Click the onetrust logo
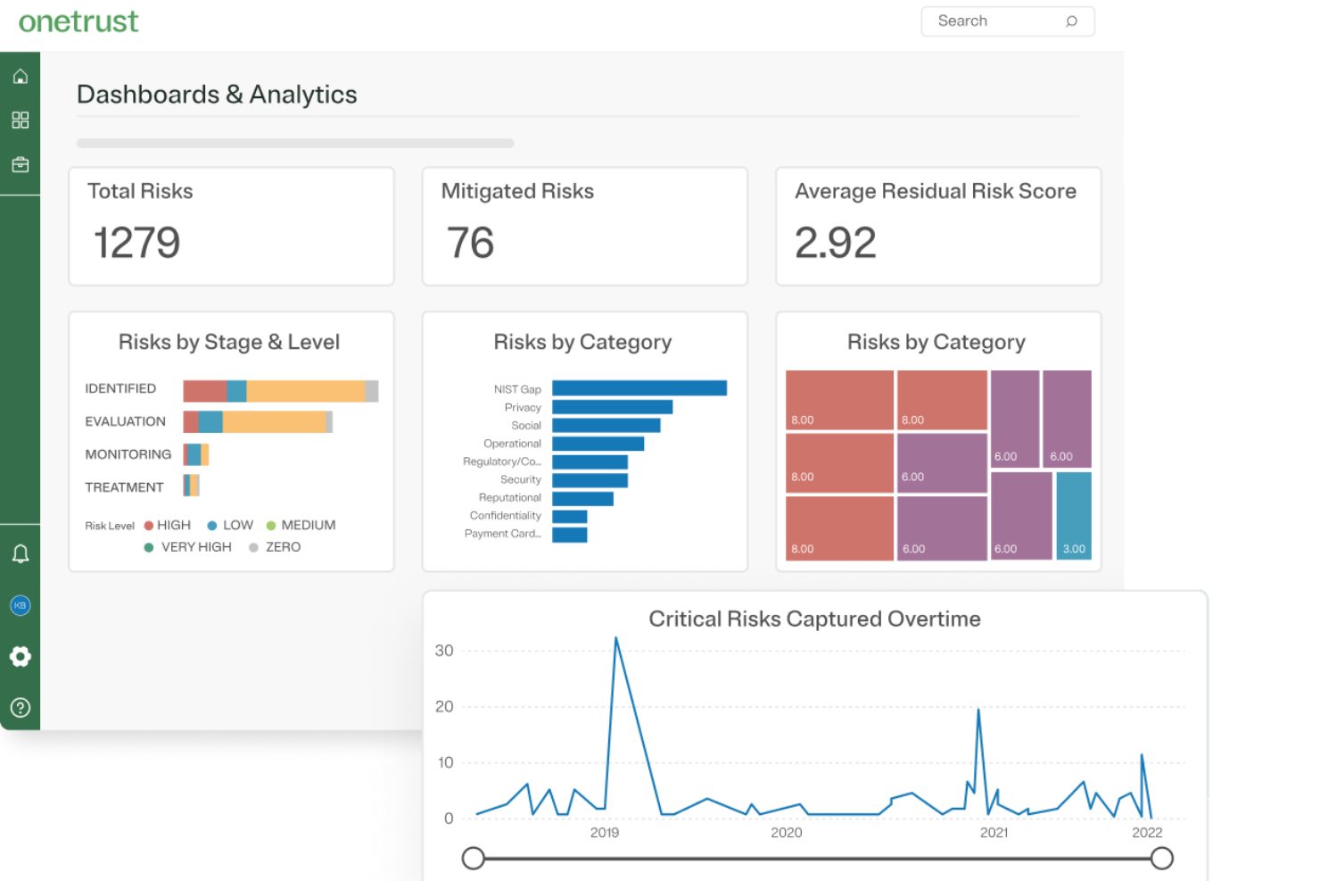(x=78, y=21)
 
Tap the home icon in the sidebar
(x=21, y=77)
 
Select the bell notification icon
(x=21, y=554)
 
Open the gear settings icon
(x=21, y=657)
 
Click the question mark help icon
(x=21, y=708)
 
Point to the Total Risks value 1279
(x=136, y=243)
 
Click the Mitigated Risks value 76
(x=470, y=243)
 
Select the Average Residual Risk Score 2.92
(x=835, y=243)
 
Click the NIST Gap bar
(x=639, y=388)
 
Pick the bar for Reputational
(x=582, y=498)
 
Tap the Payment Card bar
(x=569, y=535)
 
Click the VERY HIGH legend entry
(x=188, y=547)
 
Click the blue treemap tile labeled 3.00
(x=1074, y=515)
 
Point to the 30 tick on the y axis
(x=444, y=651)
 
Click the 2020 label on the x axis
(x=786, y=833)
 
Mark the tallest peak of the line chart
(x=615, y=639)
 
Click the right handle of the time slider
(x=1161, y=859)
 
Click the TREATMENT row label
(x=124, y=487)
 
